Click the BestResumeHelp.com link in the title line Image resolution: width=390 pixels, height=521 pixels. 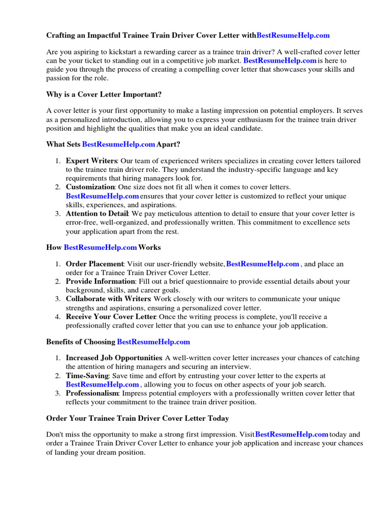coord(293,35)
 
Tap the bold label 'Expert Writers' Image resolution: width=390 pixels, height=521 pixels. coord(91,161)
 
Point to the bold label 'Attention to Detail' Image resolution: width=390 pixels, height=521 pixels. coord(97,214)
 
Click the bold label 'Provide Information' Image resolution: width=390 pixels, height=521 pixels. coord(100,281)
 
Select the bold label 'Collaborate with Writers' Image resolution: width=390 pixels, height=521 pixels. coord(108,299)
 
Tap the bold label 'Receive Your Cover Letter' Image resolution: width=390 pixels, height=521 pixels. coord(109,316)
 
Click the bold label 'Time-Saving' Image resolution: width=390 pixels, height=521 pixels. coord(87,375)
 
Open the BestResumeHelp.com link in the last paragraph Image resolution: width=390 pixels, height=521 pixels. coord(291,435)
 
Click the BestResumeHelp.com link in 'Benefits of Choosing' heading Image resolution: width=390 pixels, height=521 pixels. coord(153,341)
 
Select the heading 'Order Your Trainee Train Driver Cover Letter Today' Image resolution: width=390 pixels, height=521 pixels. coord(138,418)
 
